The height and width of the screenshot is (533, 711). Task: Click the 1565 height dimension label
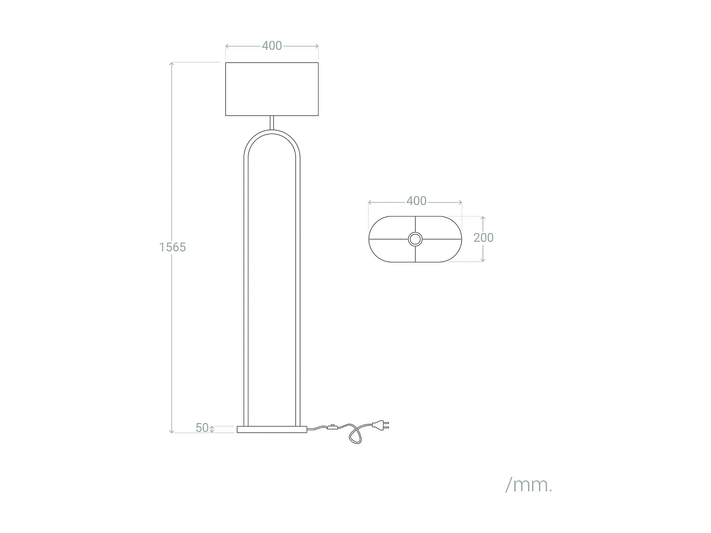[x=173, y=247]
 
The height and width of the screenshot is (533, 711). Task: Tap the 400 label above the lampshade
[x=272, y=45]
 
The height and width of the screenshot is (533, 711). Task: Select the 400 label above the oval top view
[x=416, y=201]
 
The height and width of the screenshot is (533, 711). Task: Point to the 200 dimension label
[x=483, y=237]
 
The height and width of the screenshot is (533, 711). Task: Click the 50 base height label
[x=202, y=427]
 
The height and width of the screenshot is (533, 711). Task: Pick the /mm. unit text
[x=529, y=485]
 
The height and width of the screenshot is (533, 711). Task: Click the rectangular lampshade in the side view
[x=272, y=89]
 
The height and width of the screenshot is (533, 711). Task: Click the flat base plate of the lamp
[x=272, y=429]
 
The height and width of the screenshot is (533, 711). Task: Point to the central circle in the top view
[x=415, y=239]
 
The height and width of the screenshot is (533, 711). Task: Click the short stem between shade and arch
[x=272, y=122]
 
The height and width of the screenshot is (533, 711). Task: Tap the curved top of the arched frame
[x=272, y=132]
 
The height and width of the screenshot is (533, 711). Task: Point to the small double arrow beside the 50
[x=212, y=429]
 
